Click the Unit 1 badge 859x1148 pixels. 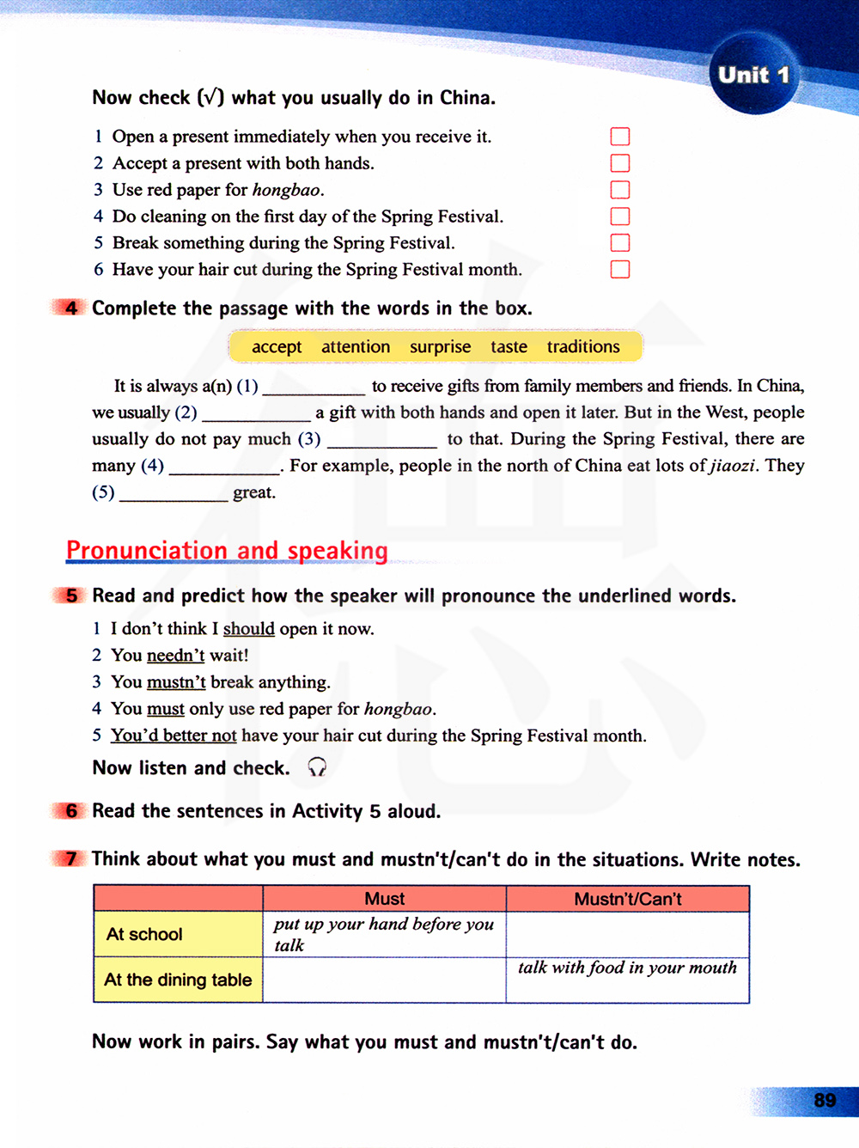click(x=753, y=75)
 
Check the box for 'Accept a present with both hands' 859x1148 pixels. click(x=619, y=163)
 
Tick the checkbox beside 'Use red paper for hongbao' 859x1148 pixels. click(x=619, y=190)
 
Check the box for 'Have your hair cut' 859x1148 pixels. click(x=619, y=270)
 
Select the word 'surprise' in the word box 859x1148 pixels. click(x=440, y=347)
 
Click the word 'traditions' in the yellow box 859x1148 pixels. click(x=582, y=347)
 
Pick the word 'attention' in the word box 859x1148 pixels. click(x=356, y=347)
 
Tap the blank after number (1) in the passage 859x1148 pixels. click(x=314, y=388)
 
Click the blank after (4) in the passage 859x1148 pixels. click(x=225, y=467)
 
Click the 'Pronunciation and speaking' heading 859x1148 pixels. click(x=227, y=550)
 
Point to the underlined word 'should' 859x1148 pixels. click(x=248, y=629)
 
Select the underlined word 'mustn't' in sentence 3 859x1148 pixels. click(x=176, y=682)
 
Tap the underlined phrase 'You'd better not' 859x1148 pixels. click(x=173, y=736)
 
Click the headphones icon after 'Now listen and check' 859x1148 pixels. click(x=317, y=767)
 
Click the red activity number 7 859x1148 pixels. click(x=70, y=858)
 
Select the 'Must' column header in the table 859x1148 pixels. click(x=384, y=899)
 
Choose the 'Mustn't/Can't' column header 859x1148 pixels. click(x=627, y=899)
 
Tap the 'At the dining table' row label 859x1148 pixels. click(x=178, y=980)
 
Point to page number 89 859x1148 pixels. click(x=825, y=1100)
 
